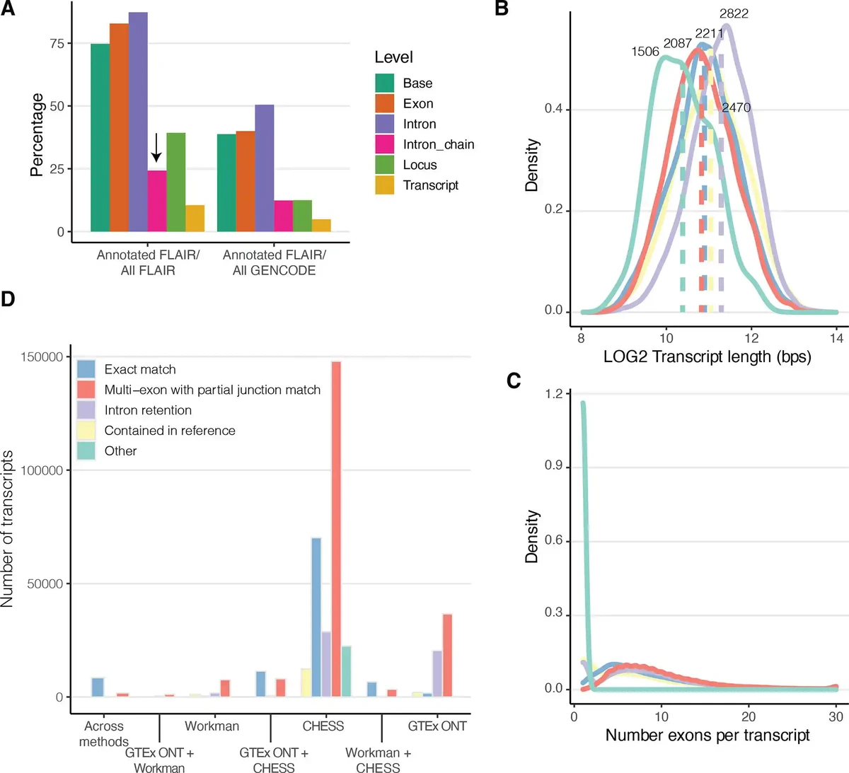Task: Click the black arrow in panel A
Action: [156, 148]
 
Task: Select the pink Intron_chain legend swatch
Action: [384, 144]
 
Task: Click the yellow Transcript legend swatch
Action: [384, 185]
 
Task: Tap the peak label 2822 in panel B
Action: [734, 13]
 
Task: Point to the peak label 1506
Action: [645, 52]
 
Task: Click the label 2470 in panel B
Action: [736, 107]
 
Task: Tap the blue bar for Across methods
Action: [98, 687]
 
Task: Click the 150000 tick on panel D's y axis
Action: [42, 357]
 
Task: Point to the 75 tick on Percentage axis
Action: [57, 43]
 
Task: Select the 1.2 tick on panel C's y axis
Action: [555, 394]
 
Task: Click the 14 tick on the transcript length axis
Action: [837, 338]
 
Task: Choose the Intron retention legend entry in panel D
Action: [148, 410]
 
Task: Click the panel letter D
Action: [8, 299]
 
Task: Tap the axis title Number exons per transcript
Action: [707, 736]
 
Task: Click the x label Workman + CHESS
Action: [378, 760]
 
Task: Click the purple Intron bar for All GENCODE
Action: [264, 168]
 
